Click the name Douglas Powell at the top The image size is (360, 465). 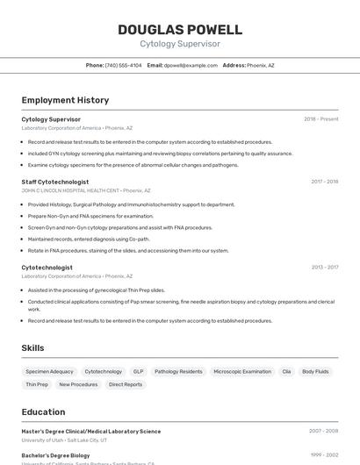180,29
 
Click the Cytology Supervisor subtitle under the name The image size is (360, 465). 180,44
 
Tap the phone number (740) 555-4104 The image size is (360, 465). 123,66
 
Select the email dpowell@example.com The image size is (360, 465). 191,66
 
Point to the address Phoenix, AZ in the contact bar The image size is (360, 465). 261,66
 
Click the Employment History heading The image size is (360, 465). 65,100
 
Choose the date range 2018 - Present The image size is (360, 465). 320,119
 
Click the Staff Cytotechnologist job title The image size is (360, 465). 55,182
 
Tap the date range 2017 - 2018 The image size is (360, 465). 324,182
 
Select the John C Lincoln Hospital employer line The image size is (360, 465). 86,190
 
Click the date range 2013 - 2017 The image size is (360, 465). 324,268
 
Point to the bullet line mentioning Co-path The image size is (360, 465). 89,239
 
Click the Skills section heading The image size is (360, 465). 32,348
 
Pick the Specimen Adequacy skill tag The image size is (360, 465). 49,371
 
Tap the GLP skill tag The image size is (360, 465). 139,371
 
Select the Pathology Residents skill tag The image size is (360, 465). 178,371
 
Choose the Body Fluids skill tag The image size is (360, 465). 316,371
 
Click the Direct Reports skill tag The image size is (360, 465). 126,384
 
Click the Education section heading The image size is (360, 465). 43,411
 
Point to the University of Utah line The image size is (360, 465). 64,440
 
